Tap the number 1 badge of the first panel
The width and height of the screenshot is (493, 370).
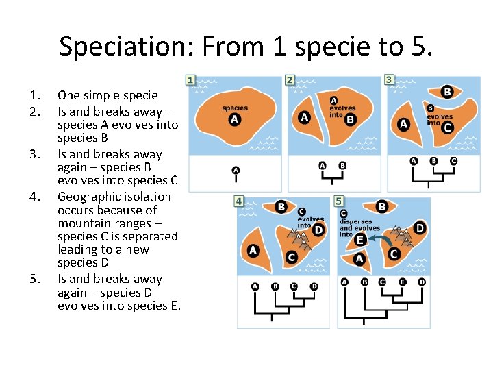coord(190,81)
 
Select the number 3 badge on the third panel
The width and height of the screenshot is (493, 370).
coord(389,80)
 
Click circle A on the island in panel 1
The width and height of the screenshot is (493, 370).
coord(235,119)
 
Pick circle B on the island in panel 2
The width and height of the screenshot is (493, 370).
coord(351,119)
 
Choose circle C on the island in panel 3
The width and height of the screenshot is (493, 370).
coord(448,127)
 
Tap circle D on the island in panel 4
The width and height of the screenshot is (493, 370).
coord(318,230)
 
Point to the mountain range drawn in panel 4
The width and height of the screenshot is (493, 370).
coord(300,239)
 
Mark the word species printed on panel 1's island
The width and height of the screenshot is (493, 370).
coord(235,108)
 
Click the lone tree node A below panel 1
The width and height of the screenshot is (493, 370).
coord(236,170)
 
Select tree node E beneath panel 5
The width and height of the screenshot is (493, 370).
coord(401,282)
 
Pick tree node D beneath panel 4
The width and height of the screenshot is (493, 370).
coord(314,286)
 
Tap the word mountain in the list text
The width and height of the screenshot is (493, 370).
coord(82,223)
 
